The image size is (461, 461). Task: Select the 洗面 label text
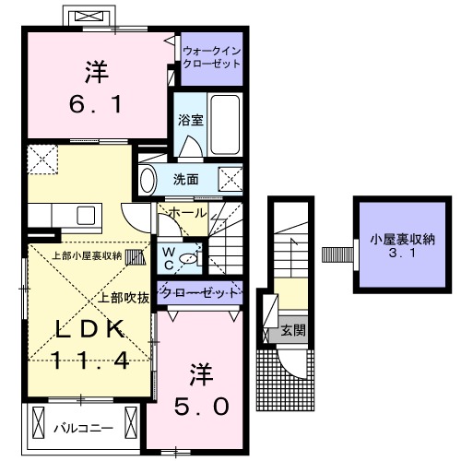(187, 179)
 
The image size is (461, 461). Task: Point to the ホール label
(188, 213)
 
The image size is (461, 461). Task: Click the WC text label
(171, 255)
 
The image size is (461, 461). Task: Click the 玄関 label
(291, 329)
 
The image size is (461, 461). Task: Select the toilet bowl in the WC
(191, 258)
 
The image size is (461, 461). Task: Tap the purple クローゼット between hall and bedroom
(199, 292)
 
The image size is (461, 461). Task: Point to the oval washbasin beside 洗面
(147, 179)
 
